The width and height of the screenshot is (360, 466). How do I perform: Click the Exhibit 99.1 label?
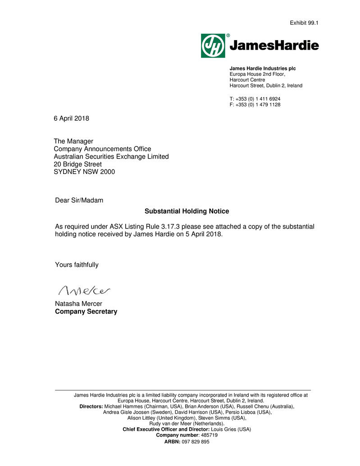[304, 23]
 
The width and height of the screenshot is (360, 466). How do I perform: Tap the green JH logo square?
[213, 46]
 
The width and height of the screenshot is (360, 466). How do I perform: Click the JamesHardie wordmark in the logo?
[274, 46]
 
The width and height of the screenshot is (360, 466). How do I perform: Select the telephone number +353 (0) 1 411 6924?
[258, 99]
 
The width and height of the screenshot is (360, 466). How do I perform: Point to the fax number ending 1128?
[258, 105]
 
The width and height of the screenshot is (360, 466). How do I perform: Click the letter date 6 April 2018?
[71, 119]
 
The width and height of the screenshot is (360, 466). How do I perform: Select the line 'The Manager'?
[73, 142]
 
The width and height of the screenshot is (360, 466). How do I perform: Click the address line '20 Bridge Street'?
[77, 164]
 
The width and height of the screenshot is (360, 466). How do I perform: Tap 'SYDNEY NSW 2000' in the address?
[84, 172]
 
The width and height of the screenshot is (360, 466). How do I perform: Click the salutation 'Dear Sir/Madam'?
[79, 200]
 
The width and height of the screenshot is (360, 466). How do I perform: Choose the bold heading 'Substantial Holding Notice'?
[187, 211]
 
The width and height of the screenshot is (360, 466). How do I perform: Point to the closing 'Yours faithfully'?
[77, 265]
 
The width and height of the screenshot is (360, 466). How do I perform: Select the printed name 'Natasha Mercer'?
[78, 304]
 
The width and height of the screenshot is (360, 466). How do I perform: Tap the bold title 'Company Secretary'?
[86, 311]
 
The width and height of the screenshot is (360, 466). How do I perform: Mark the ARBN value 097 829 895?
[196, 442]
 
